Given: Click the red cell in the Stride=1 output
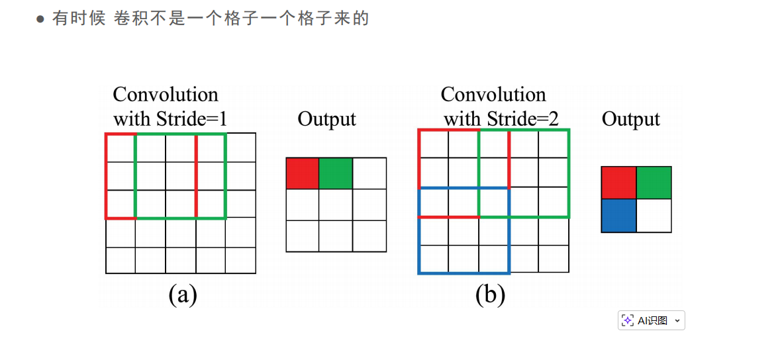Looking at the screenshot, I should pos(303,173).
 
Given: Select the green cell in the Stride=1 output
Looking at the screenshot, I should pos(336,173).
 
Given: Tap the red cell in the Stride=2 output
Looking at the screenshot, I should pos(618,183).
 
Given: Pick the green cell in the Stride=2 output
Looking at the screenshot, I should pos(654,183).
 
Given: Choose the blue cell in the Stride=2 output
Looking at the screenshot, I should pos(618,216).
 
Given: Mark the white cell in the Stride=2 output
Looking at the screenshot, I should pos(654,216).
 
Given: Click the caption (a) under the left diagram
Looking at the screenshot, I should pos(183,294).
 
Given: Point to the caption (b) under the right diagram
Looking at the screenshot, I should pos(490,294).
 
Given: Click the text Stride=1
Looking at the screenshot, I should pos(192,120).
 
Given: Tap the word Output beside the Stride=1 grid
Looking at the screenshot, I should pos(326,120).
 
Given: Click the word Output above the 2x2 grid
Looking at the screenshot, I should pos(630,120).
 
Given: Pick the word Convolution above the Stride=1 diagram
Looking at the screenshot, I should pos(166,95).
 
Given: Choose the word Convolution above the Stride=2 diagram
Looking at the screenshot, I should pos(493,95).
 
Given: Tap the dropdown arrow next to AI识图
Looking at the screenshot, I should pos(677,321).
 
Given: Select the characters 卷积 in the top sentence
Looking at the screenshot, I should pos(130,19).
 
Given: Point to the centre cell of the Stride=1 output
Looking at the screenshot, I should pos(336,204).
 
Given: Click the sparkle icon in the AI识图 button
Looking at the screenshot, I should pos(628,320).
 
